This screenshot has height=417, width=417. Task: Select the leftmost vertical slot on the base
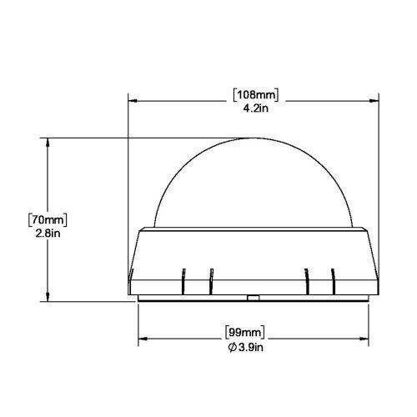pyautogui.click(x=183, y=279)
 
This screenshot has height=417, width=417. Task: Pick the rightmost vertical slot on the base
pyautogui.click(x=333, y=279)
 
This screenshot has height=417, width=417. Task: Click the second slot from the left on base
pyautogui.click(x=212, y=279)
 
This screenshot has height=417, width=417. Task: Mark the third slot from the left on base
pyautogui.click(x=308, y=279)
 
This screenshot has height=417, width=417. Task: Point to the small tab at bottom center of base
pyautogui.click(x=252, y=297)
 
